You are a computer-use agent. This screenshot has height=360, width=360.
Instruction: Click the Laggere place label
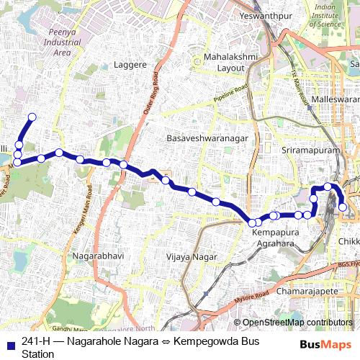click(127, 64)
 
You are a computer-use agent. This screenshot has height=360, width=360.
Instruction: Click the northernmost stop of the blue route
click(32, 117)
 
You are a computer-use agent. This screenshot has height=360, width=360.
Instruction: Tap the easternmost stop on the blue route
click(343, 207)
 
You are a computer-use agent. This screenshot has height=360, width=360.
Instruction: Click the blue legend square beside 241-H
click(10, 342)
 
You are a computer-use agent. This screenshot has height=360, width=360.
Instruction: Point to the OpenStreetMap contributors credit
click(297, 322)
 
